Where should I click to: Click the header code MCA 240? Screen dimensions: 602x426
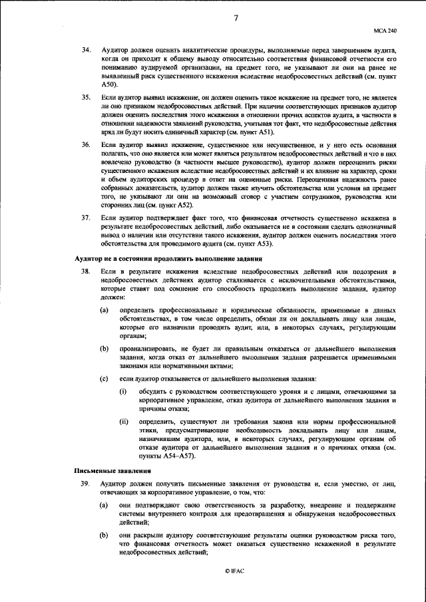pos(387,31)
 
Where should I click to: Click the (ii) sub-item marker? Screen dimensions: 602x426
pos(124,422)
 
